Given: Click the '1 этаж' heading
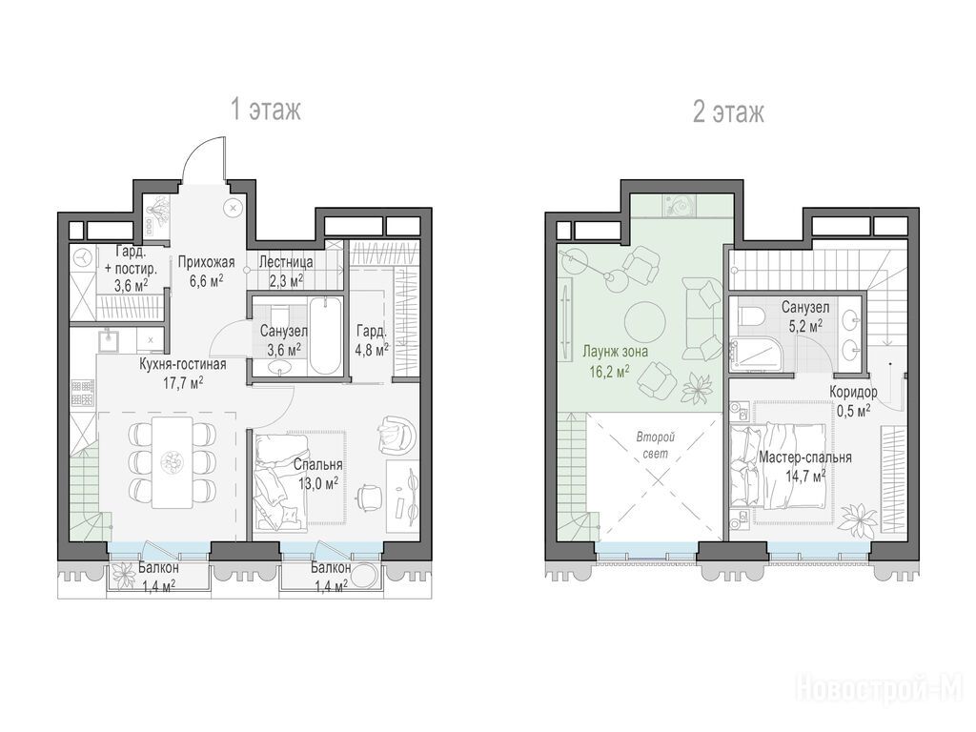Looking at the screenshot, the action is (266, 110).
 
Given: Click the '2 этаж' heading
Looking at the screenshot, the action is (728, 112).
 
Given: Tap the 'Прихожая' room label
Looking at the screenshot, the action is (206, 262).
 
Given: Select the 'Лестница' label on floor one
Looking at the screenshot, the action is (286, 262).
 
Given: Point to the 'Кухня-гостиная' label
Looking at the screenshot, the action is (182, 364).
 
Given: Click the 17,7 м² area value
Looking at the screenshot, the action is (184, 381).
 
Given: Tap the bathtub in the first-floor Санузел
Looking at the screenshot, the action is (325, 336).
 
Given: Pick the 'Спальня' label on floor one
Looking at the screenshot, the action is (317, 465).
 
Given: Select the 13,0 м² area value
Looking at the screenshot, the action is (317, 482).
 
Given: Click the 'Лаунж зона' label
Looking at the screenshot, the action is (615, 352).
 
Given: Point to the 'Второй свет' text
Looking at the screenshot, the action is (656, 446).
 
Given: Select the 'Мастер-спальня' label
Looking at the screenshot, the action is (804, 457).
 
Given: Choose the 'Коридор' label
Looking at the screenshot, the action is (853, 392).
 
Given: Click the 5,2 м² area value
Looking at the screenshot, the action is (804, 325).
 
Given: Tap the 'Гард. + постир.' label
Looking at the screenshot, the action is (131, 260).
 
